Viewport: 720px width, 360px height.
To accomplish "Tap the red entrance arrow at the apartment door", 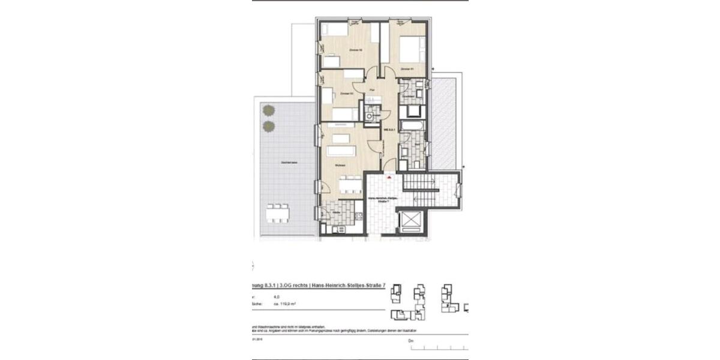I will point(390,178).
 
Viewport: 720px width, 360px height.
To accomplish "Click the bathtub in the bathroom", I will point(413,125).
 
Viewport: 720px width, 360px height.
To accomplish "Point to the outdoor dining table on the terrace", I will point(278,212).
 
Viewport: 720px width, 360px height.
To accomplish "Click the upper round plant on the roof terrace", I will point(268,110).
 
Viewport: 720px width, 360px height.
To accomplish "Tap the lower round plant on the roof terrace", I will point(268,126).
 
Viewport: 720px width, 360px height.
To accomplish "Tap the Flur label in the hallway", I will point(373,90).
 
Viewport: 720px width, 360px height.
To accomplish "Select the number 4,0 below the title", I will point(277,296).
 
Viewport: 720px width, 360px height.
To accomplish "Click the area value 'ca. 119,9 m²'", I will point(286,304).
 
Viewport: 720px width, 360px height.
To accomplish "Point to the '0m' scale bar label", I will point(410,341).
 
